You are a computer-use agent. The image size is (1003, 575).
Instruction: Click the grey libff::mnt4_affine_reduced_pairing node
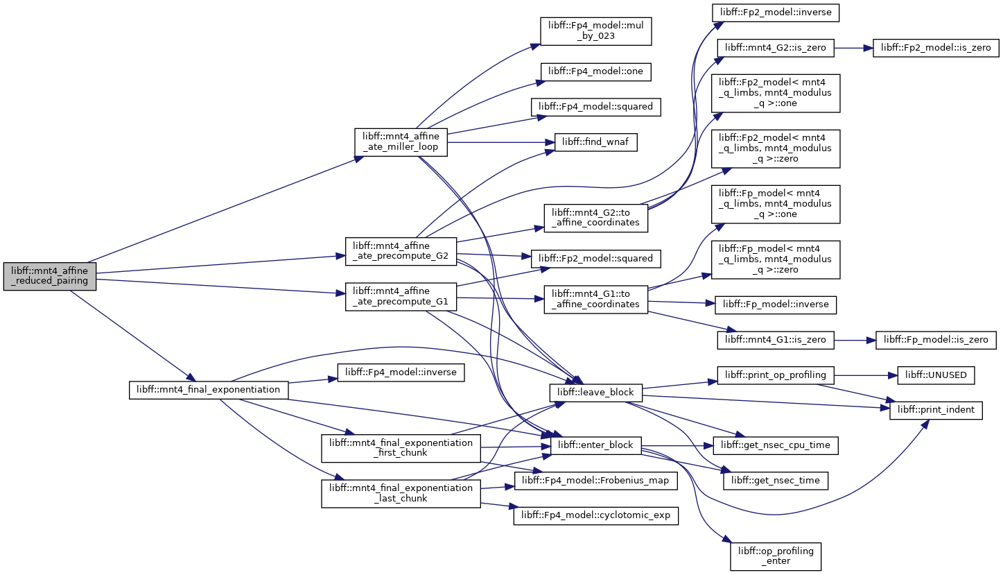point(50,276)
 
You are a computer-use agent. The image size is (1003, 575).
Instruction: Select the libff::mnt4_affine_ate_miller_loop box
point(401,142)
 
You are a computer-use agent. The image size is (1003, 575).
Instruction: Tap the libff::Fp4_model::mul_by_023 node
point(595,31)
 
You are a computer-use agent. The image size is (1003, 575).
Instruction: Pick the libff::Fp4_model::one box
point(595,71)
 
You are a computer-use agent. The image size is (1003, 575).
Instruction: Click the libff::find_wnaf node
point(595,142)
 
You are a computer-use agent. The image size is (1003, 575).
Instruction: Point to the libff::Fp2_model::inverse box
point(776,12)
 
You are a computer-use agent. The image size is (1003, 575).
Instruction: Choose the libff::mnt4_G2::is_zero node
point(776,48)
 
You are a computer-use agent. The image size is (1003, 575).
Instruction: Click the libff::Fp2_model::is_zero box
point(936,48)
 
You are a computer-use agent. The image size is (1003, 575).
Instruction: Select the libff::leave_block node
point(595,393)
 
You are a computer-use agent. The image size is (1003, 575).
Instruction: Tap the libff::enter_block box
point(595,445)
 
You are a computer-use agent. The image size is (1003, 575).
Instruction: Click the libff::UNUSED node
point(936,375)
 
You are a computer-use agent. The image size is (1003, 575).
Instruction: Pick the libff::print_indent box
point(936,411)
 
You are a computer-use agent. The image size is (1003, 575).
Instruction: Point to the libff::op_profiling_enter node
point(776,556)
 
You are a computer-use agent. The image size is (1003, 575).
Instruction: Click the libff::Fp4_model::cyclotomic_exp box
point(595,516)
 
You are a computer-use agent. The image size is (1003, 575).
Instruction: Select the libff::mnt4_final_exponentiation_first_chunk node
point(401,448)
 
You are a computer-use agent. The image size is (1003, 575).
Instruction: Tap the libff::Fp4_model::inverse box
point(401,373)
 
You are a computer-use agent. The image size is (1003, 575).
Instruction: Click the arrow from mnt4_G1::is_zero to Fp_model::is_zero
point(855,341)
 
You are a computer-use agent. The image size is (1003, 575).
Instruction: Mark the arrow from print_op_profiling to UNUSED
point(866,375)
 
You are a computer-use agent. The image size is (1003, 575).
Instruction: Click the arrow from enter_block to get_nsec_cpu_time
point(677,445)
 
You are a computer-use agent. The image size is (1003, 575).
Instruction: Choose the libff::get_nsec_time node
point(776,481)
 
